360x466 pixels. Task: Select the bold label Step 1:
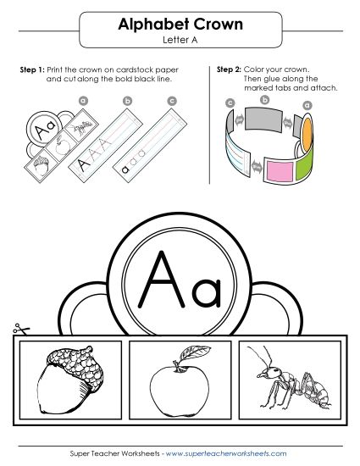pos(30,69)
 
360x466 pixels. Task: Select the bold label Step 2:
pos(230,69)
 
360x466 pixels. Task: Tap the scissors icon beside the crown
pos(18,330)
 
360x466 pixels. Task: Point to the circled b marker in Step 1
pos(128,103)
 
